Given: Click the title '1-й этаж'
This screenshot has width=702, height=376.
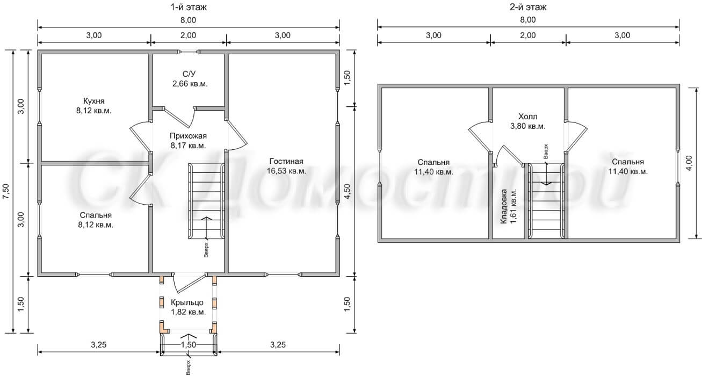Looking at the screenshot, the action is point(189,7).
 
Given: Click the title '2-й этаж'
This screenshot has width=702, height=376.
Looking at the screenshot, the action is point(528,7).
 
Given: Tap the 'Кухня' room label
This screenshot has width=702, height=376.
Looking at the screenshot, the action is point(93,101).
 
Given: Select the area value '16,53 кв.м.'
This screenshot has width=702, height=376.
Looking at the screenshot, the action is point(286,171).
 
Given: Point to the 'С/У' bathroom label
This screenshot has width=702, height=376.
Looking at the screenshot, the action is point(189,74).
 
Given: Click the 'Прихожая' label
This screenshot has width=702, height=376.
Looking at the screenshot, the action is point(189,136).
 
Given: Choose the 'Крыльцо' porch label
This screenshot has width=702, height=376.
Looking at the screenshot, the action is point(187,302).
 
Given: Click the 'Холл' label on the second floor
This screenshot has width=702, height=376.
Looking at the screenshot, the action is point(528,117).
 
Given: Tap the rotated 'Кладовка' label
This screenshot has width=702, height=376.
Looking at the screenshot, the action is point(504,206).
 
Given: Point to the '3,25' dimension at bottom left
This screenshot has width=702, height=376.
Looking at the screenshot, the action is point(99,345).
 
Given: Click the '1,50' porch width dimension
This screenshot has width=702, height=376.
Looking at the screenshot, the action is point(189,345).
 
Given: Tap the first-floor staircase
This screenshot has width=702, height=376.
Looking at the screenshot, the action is point(207,201).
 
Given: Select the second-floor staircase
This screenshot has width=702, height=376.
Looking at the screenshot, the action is point(546,200).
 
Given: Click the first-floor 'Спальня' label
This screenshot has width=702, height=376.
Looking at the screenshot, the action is point(96,215).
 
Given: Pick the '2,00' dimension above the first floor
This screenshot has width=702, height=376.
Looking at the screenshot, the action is point(189,35).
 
